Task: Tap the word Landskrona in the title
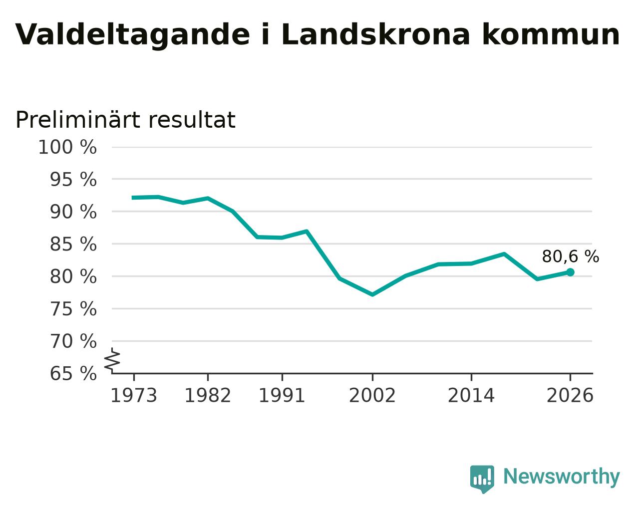[x=375, y=34]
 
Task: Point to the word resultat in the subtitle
[x=192, y=120]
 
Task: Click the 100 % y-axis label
[x=67, y=147]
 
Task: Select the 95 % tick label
[x=73, y=180]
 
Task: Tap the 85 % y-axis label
[x=73, y=245]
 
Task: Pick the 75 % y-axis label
[x=73, y=309]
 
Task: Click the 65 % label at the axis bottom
[x=73, y=374]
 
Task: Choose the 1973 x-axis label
[x=134, y=396]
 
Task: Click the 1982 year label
[x=208, y=396]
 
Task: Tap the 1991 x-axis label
[x=282, y=396]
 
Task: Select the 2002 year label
[x=372, y=396]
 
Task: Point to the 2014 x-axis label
[x=471, y=396]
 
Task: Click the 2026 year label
[x=570, y=396]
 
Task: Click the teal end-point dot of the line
[x=570, y=272]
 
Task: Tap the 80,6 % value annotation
[x=571, y=256]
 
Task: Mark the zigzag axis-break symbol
[x=112, y=360]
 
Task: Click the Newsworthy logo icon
[x=482, y=479]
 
